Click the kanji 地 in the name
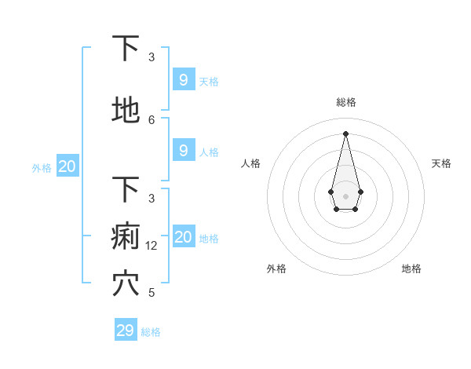coord(126,111)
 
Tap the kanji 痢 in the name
coord(126,236)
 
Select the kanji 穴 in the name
coord(126,283)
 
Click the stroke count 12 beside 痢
coord(152,246)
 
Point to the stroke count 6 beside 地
coord(152,119)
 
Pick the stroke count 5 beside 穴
coord(152,293)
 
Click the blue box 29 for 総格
coord(126,331)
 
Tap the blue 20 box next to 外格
coord(68,166)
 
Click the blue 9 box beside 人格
coord(183,151)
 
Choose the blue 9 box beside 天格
coord(183,80)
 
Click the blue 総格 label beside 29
coord(151,332)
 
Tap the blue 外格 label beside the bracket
coord(41,167)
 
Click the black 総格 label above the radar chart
coord(345,102)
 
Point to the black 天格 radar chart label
coord(441,163)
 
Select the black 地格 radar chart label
coord(411,269)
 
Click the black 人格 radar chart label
coord(250,163)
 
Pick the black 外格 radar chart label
coord(276,269)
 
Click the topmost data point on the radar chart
coord(345,133)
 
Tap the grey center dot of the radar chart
coord(345,195)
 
